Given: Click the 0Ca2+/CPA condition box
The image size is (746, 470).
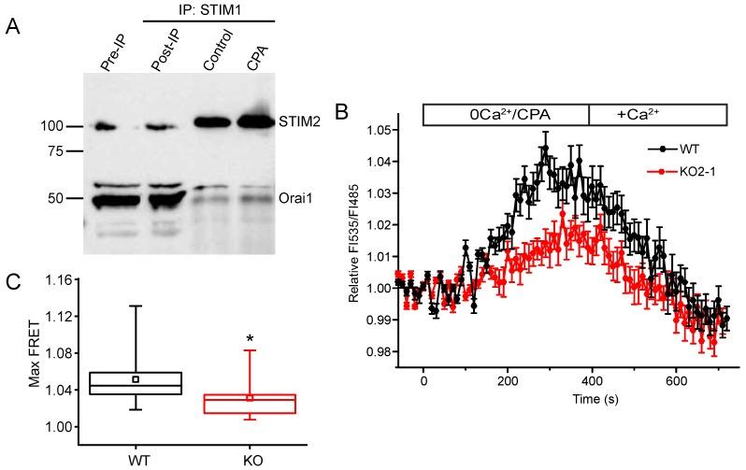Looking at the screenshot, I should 506,114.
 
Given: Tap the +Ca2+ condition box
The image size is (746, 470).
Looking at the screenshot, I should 657,114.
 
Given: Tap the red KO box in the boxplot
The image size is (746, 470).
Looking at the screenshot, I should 251,404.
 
